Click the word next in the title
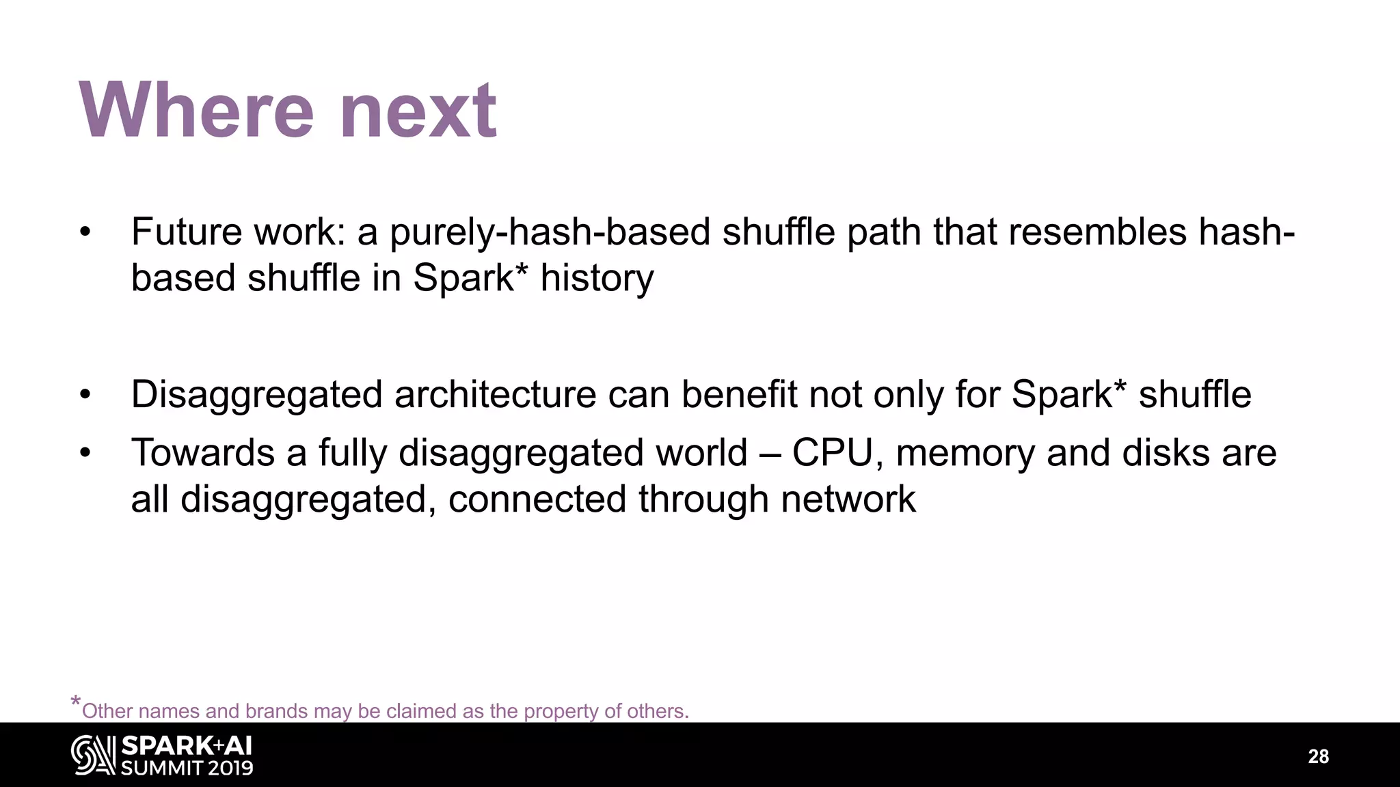[x=418, y=111]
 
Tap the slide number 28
[x=1318, y=756]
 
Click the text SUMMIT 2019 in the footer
[x=187, y=767]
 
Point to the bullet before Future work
[x=85, y=232]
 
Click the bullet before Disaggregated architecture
[x=85, y=395]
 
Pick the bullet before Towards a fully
[x=85, y=453]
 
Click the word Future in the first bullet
[x=186, y=232]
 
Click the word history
[x=597, y=278]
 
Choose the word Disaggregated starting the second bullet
[x=256, y=395]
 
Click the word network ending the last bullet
[x=848, y=499]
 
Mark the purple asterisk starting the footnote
[x=76, y=703]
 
